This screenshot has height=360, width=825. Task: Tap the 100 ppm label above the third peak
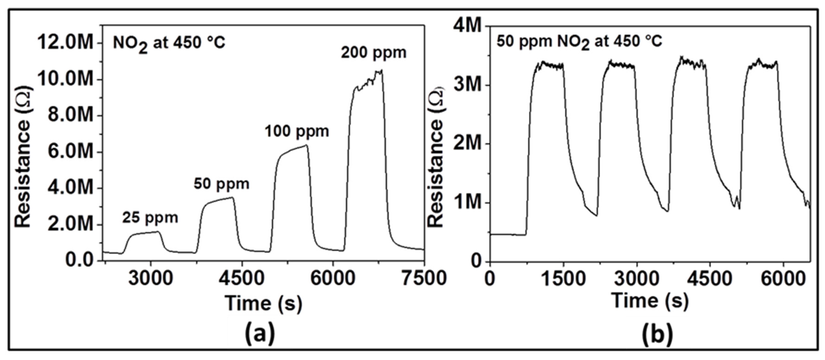(297, 132)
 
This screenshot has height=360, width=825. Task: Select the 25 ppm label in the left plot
(150, 218)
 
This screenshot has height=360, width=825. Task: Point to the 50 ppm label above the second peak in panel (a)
(221, 184)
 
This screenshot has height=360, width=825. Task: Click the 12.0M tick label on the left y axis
(66, 43)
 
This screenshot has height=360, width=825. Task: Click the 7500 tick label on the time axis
(424, 278)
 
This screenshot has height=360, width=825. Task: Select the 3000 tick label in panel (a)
(151, 278)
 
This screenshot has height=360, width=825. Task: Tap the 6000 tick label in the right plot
(783, 278)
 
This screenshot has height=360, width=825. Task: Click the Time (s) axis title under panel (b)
(650, 301)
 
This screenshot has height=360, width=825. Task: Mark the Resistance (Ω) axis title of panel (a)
(23, 157)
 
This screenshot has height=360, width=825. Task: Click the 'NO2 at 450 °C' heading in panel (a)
(169, 43)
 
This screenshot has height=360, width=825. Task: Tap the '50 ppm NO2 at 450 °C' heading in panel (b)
(579, 42)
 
